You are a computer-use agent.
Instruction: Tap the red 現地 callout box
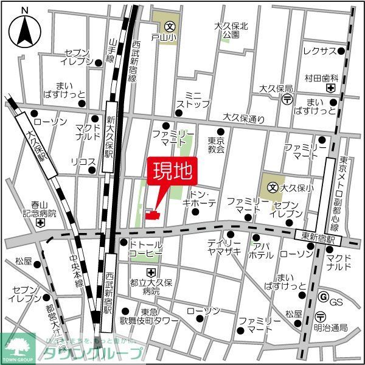click(x=172, y=170)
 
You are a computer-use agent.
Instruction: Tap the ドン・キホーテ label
click(x=199, y=200)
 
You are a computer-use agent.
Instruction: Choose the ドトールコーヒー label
click(x=145, y=247)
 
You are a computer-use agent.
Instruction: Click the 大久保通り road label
click(x=243, y=117)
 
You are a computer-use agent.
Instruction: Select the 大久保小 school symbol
click(x=273, y=189)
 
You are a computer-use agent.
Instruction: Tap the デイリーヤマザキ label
click(x=223, y=246)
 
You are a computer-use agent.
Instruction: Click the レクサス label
click(x=319, y=50)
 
